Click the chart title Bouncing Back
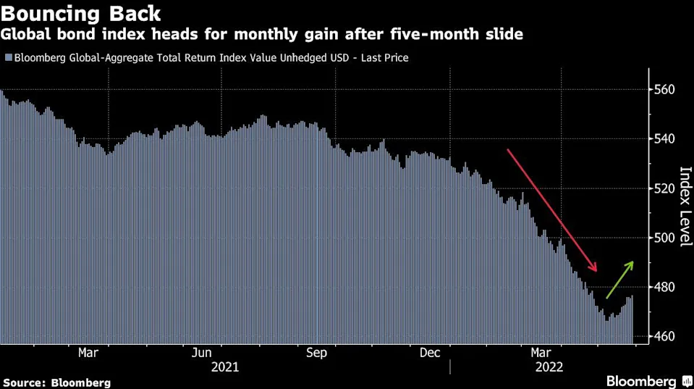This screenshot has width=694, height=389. pyautogui.click(x=80, y=13)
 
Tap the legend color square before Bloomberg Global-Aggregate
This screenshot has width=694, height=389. pyautogui.click(x=7, y=57)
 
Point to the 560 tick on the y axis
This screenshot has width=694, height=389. pyautogui.click(x=665, y=90)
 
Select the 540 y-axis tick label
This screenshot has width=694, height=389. pyautogui.click(x=665, y=139)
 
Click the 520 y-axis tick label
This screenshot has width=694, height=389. pyautogui.click(x=665, y=188)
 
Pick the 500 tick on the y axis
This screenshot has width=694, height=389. pyautogui.click(x=665, y=238)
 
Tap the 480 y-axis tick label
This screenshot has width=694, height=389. pyautogui.click(x=665, y=288)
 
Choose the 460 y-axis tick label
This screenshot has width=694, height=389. pyautogui.click(x=665, y=337)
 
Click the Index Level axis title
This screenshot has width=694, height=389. pyautogui.click(x=685, y=206)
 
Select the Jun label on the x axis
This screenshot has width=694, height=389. pyautogui.click(x=203, y=353)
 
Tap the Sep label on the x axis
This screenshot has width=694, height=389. pyautogui.click(x=317, y=353)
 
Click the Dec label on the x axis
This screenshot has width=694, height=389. pyautogui.click(x=431, y=353)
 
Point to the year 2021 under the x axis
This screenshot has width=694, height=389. pyautogui.click(x=224, y=367)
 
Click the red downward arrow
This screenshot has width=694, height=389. pyautogui.click(x=551, y=209)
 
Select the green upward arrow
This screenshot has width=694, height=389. pyautogui.click(x=620, y=280)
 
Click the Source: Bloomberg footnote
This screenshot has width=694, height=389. pyautogui.click(x=57, y=382)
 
